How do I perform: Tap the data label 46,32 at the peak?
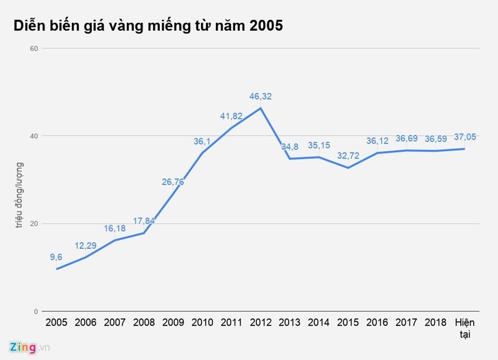coord(260,97)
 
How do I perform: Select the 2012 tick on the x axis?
coord(260,323)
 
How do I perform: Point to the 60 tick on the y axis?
coord(34,48)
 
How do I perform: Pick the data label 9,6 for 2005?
coord(57,258)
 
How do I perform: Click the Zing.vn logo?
coord(30,347)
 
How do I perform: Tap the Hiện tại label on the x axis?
coord(464,328)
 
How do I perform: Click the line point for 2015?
coord(347,168)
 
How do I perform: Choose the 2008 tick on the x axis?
coord(144,323)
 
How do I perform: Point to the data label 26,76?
coord(173,182)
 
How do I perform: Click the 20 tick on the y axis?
coord(34,224)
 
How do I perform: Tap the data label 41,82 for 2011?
coord(231,116)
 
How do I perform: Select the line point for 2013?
coord(289,159)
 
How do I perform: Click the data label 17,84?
coord(144,221)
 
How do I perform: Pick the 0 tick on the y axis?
coord(35,311)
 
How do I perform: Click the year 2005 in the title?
coord(266,25)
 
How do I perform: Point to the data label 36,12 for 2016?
coord(377,141)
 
